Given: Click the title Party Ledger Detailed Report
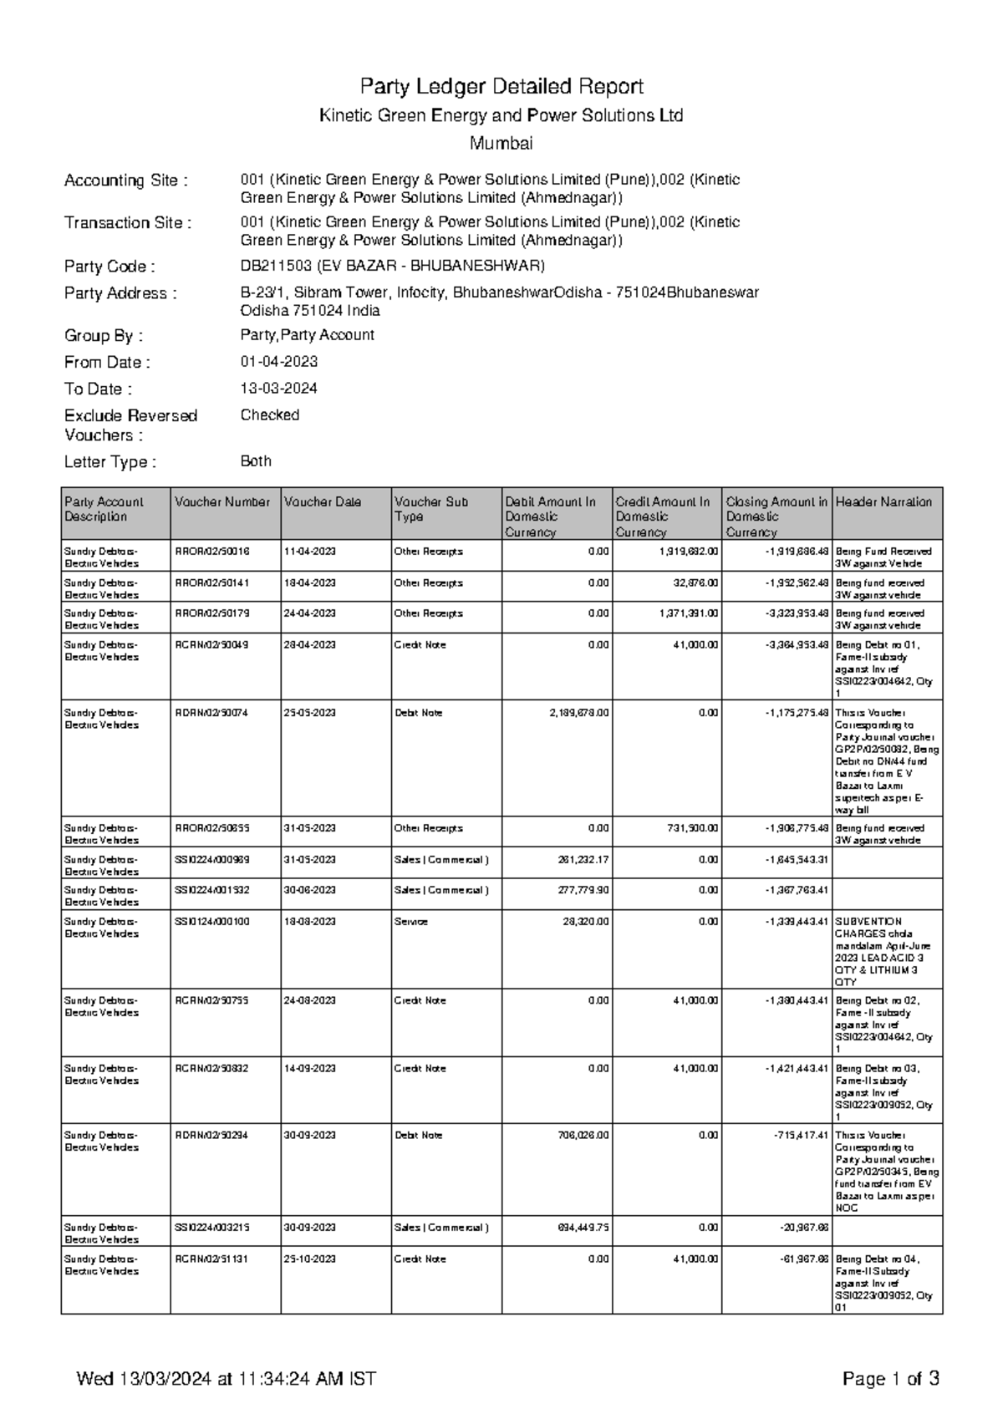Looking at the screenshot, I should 501,86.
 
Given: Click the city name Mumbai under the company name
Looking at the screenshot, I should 501,143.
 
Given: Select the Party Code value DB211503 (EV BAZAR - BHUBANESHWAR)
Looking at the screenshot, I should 392,266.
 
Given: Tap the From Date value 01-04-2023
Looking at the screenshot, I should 278,362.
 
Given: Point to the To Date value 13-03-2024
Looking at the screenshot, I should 278,389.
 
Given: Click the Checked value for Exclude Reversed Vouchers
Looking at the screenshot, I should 269,415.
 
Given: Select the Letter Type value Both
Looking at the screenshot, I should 256,461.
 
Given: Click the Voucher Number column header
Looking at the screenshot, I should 222,502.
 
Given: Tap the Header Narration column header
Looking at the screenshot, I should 883,502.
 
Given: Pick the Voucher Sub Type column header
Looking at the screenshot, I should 431,509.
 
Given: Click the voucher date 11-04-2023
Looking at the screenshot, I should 309,552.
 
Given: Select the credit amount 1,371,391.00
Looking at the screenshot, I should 688,613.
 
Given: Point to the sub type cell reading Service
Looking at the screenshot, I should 410,922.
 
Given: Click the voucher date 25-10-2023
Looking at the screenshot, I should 309,1259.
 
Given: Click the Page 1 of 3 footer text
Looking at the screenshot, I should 891,1379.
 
